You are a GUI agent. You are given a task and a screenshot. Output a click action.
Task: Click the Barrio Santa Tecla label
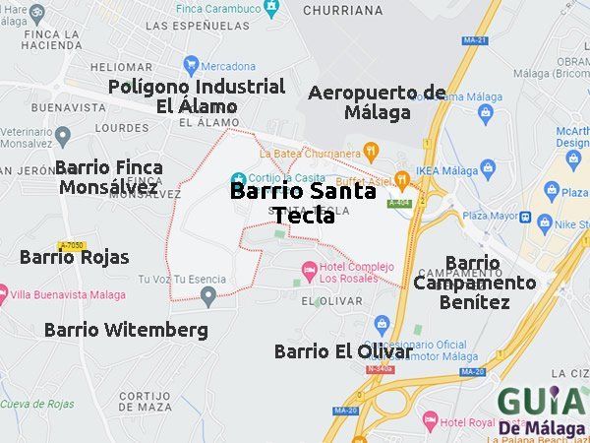pyautogui.click(x=303, y=203)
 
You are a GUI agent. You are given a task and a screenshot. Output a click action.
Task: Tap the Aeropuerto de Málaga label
pyautogui.click(x=378, y=102)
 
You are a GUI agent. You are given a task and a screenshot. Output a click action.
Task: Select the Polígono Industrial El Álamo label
pyautogui.click(x=197, y=96)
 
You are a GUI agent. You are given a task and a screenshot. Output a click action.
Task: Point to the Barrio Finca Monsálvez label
pyautogui.click(x=109, y=177)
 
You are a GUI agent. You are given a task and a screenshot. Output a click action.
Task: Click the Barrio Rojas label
pyautogui.click(x=75, y=257)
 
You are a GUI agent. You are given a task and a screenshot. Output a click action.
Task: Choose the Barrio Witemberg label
pyautogui.click(x=126, y=330)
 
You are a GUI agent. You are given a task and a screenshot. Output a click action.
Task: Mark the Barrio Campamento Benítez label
pyautogui.click(x=475, y=283)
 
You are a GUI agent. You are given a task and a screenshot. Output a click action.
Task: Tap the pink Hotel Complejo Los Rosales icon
pyautogui.click(x=309, y=268)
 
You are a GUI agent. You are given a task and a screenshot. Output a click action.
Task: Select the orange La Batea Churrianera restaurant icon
pyautogui.click(x=371, y=152)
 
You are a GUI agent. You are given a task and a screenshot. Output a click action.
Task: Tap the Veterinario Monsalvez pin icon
pyautogui.click(x=63, y=135)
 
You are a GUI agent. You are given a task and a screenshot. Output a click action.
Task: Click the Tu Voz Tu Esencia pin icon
pyautogui.click(x=207, y=294)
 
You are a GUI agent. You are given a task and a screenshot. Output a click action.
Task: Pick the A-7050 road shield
pyautogui.click(x=71, y=244)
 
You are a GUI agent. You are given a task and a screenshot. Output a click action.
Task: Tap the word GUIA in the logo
pyautogui.click(x=540, y=402)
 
